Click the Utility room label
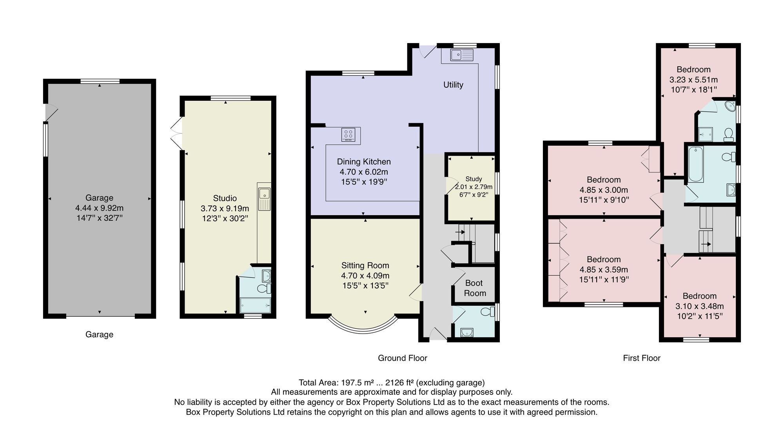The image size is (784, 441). click(x=453, y=85)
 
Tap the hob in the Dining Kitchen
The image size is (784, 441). click(x=348, y=134)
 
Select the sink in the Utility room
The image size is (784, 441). click(x=462, y=55)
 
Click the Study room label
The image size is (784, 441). click(x=474, y=179)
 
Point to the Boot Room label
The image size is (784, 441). click(x=475, y=288)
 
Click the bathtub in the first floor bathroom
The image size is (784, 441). click(x=696, y=164)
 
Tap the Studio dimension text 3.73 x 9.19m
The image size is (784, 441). click(x=225, y=208)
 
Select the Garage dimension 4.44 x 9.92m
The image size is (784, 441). click(x=99, y=208)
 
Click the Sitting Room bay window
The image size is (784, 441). click(x=363, y=323)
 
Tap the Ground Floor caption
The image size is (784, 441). click(x=403, y=358)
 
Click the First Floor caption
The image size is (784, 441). click(x=642, y=358)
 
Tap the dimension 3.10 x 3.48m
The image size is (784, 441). click(x=699, y=306)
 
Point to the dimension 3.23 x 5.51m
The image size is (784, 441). click(x=693, y=80)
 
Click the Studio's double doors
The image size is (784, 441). click(x=177, y=133)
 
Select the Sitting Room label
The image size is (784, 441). click(x=365, y=265)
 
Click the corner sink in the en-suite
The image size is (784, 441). click(x=730, y=106)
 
